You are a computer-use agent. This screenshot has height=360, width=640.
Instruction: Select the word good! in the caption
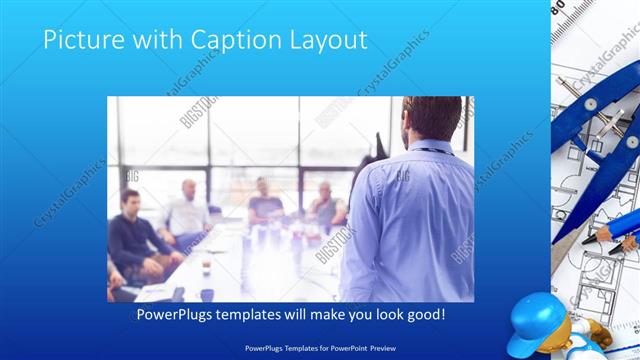pyautogui.click(x=424, y=314)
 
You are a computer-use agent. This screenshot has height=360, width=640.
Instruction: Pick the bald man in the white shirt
pyautogui.click(x=187, y=211)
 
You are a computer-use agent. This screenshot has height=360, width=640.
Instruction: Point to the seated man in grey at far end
pyautogui.click(x=325, y=205)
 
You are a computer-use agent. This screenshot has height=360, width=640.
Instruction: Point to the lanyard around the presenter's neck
pyautogui.click(x=429, y=151)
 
